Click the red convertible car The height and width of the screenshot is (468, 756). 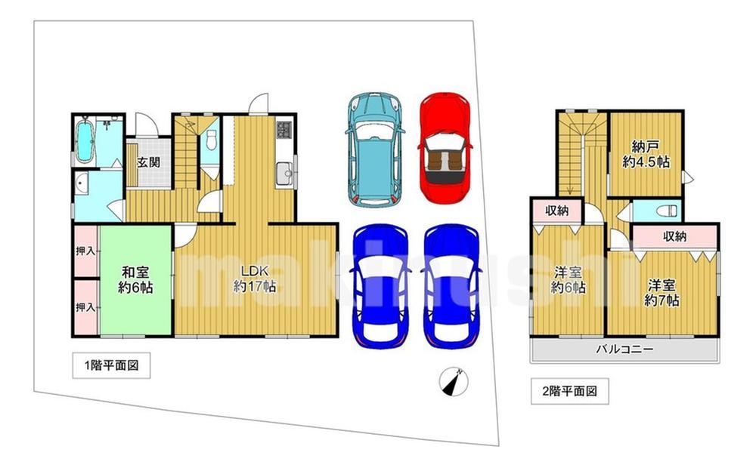[445, 148]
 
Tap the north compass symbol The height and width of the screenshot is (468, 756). [454, 382]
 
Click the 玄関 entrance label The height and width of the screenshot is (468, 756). [148, 162]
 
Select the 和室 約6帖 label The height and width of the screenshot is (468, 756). [136, 280]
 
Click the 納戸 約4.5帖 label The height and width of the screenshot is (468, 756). [646, 154]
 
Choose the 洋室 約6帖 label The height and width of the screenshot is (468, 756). [569, 280]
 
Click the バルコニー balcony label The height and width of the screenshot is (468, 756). [625, 349]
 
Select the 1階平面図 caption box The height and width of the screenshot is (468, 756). [111, 365]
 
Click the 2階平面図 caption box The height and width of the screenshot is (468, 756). [570, 391]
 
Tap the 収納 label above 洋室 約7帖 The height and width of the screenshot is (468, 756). [674, 236]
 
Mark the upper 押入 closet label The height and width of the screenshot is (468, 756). [85, 251]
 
